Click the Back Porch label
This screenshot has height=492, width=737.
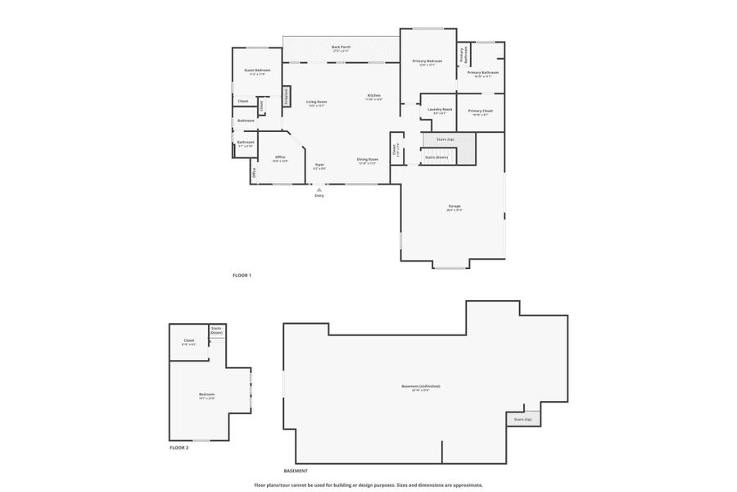coord(341,47)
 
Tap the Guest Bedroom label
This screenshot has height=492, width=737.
coord(257,70)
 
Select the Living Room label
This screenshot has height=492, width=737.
coord(316,102)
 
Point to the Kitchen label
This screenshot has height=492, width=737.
coord(373,95)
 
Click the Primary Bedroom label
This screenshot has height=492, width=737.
coord(427,61)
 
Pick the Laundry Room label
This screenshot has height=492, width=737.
coord(440,109)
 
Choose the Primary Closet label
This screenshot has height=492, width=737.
coord(481,110)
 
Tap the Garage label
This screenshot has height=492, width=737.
coord(454,206)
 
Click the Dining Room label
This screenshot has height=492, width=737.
coord(368,158)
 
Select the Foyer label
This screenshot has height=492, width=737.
coord(319,164)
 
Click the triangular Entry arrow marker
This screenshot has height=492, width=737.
coord(319,189)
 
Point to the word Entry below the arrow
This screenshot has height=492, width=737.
coord(319,196)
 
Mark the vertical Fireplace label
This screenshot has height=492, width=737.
coord(287,97)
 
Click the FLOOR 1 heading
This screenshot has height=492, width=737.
coord(242,276)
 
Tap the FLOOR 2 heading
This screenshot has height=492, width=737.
coord(179,448)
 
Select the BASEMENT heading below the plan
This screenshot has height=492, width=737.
coord(296,471)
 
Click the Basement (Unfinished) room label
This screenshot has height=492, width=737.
coord(421,386)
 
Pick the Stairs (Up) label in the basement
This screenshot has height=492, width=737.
coord(522,419)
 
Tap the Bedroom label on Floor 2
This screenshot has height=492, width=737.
coord(206,394)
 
